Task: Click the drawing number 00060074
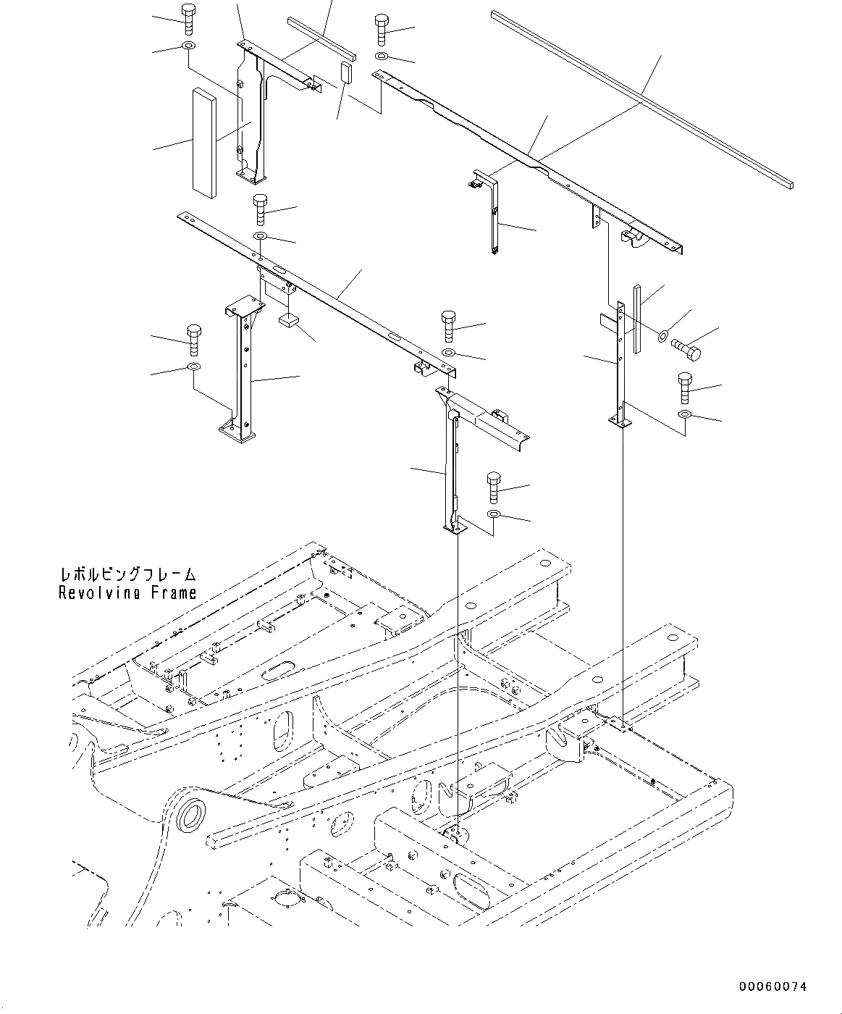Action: coord(772,986)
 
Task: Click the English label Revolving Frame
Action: coord(127,593)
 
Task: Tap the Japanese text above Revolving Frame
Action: coord(127,575)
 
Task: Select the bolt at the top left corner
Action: coord(188,19)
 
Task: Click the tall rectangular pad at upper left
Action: coord(204,142)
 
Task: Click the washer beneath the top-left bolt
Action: coord(188,48)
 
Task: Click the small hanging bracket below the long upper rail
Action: coord(489,210)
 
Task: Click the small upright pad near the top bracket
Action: coord(346,72)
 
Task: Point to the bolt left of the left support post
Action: coord(194,339)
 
